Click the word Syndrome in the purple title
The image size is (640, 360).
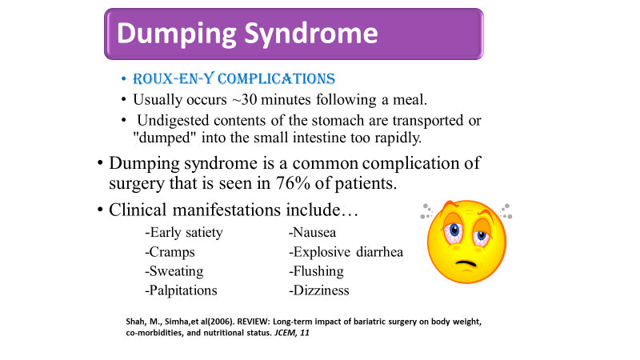311,34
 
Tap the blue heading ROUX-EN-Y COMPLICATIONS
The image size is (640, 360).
234,78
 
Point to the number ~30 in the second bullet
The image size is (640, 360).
244,99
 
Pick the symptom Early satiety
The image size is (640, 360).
184,233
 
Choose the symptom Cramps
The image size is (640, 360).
170,252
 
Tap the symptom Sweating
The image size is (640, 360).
174,271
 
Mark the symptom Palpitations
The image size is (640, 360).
182,290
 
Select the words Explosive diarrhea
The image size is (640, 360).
346,252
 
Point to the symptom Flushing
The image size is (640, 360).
316,271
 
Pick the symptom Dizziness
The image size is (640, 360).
319,290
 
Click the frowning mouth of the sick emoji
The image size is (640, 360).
466,263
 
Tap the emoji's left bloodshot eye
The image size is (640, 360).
454,233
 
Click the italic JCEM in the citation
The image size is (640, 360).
285,333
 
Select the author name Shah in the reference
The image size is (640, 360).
135,322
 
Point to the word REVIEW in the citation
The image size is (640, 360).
253,322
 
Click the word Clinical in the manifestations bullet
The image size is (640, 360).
138,210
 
